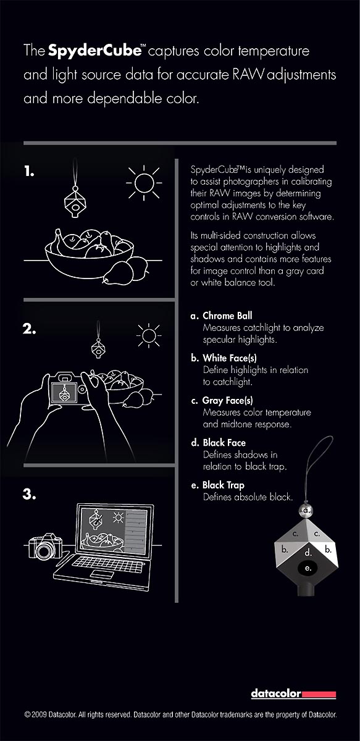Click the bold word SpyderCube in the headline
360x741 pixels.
95,51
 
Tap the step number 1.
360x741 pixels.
29,172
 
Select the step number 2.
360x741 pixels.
29,329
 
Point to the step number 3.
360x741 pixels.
29,494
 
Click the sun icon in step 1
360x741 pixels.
144,183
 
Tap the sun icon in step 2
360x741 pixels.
149,336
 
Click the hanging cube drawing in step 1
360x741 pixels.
76,202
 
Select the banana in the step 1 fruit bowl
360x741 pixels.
64,243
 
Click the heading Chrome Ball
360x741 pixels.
227,316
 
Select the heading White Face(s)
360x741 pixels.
230,358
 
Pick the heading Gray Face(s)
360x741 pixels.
228,401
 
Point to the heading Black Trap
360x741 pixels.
224,485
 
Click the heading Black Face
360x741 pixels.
224,443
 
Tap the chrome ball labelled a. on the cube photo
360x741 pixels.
306,511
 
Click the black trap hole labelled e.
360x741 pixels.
308,568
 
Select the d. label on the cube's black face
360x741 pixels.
308,552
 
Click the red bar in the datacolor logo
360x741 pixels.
319,694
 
